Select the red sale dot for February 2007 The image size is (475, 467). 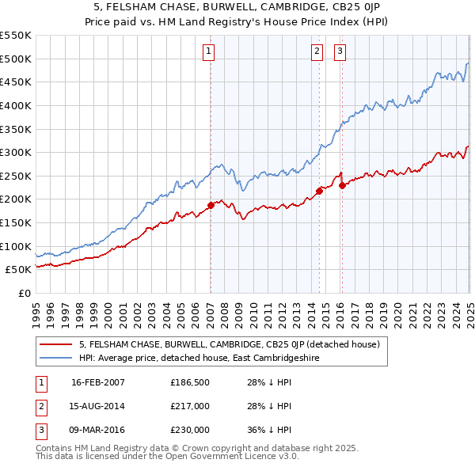(x=211, y=205)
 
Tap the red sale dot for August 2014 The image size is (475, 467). (x=319, y=191)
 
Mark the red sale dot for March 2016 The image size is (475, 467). (x=342, y=185)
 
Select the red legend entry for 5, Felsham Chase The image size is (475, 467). (x=230, y=344)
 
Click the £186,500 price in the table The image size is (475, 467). (x=190, y=382)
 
